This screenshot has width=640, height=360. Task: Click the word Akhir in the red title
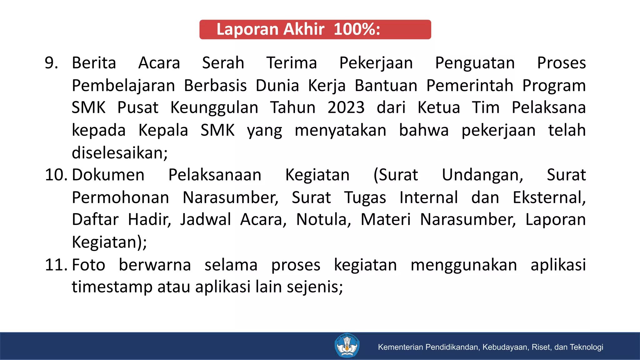coord(304,29)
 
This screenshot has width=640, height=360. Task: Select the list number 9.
coord(51,63)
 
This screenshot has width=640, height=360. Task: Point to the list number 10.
coord(56,175)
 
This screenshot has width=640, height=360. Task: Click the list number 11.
coord(56,265)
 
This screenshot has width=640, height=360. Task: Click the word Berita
coord(94,63)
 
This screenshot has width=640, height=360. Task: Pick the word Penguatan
coord(475,63)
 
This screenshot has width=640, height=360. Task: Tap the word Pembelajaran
coord(123,86)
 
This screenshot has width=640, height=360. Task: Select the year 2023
coord(346,108)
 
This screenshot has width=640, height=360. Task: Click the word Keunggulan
coord(214,108)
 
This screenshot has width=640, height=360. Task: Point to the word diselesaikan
coord(119,153)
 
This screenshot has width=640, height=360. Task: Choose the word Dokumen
coord(108,175)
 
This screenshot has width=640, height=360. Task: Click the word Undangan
coord(482,175)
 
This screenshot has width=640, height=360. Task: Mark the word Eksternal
coord(549,198)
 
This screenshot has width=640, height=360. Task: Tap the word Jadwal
coord(205,220)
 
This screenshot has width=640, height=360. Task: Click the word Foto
coord(88,265)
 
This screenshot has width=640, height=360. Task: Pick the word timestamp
coord(112,287)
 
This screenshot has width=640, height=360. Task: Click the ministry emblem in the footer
coord(347,346)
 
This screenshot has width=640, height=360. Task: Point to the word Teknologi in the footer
coord(586,347)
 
